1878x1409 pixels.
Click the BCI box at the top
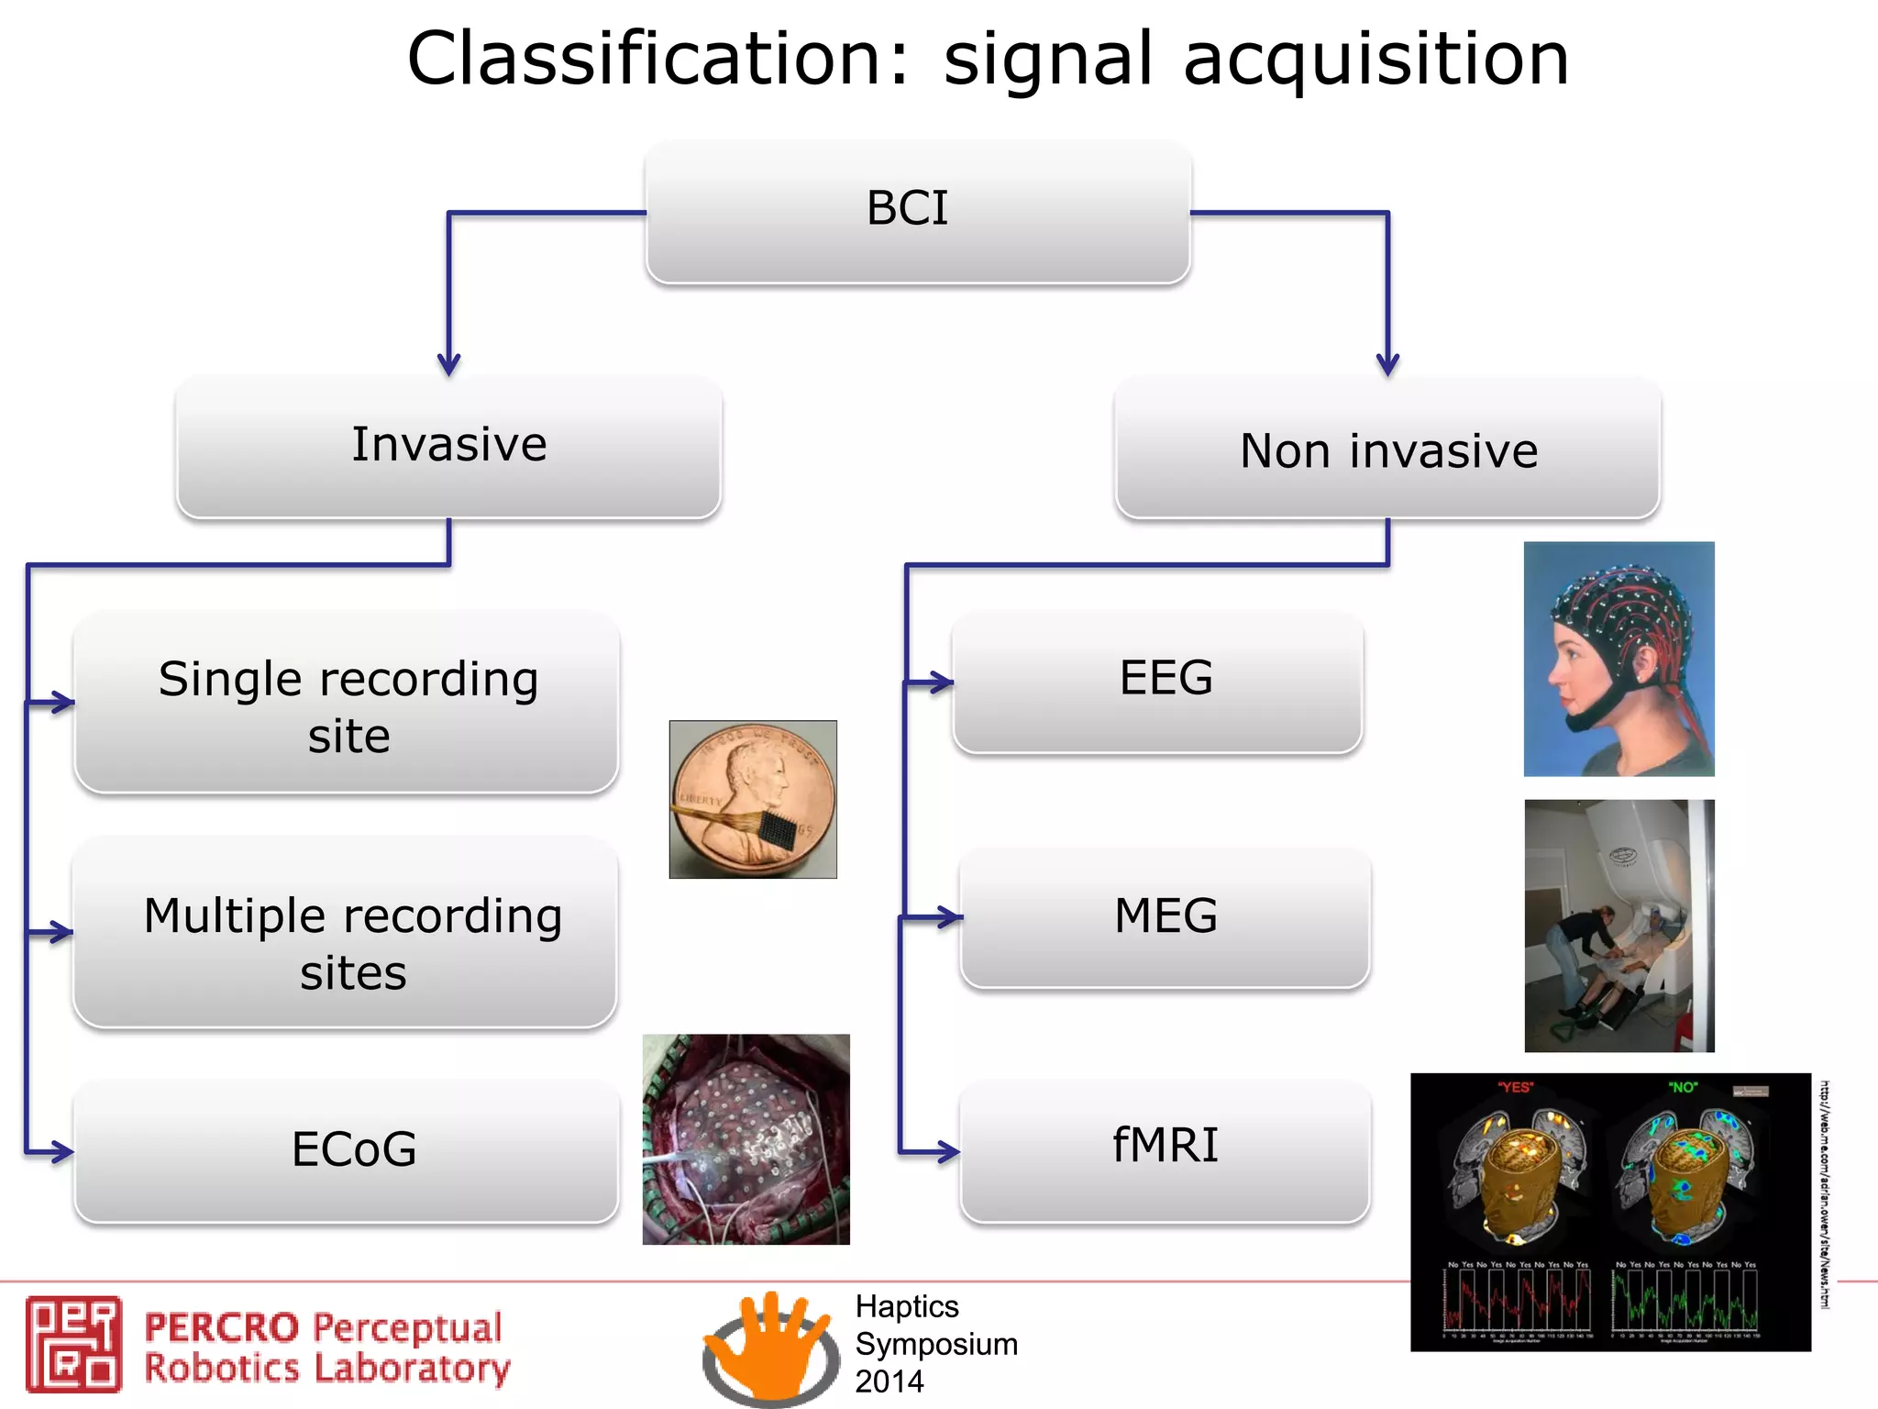point(917,211)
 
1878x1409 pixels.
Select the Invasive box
point(448,446)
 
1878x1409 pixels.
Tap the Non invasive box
point(1387,449)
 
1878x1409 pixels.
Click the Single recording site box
point(347,704)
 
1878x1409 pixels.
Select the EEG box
point(1158,682)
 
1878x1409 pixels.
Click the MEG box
point(1165,916)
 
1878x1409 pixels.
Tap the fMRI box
point(1165,1148)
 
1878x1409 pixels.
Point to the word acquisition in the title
point(1375,61)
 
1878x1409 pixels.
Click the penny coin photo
point(753,799)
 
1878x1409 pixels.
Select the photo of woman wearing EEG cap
point(1618,659)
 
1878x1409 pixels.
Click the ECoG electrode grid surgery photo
point(746,1139)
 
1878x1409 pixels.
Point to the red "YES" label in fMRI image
point(1515,1087)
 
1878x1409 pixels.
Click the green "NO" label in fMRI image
point(1683,1087)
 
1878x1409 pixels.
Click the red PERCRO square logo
point(73,1344)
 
